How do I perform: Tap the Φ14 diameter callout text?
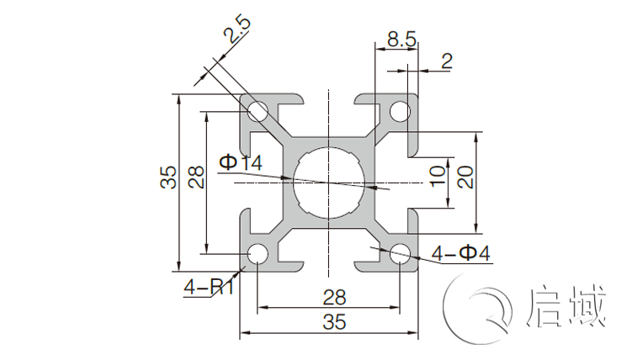click(241, 162)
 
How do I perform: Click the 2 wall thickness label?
click(446, 60)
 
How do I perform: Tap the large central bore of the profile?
click(329, 182)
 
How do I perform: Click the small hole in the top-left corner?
click(258, 111)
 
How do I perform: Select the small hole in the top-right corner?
click(400, 111)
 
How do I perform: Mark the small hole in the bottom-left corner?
click(258, 252)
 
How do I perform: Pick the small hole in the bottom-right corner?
click(400, 252)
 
